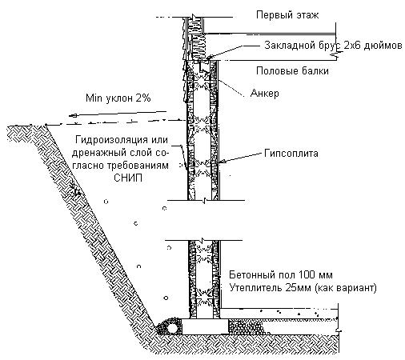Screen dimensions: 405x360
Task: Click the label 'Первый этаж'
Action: click(287, 15)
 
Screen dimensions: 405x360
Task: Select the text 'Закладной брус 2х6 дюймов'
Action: click(333, 46)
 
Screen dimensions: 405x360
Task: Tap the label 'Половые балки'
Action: click(292, 71)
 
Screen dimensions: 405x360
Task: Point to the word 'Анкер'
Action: click(265, 93)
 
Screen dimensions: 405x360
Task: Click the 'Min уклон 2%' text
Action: click(118, 98)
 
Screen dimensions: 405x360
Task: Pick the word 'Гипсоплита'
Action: click(291, 154)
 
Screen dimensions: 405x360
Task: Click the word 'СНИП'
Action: click(128, 178)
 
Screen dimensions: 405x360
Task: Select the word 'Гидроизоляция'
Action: click(111, 140)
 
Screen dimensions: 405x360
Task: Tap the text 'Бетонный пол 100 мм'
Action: click(281, 274)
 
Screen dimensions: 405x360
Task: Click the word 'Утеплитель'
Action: click(255, 288)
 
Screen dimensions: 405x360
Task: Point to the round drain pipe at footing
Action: click(172, 328)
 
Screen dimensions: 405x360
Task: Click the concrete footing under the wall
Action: click(205, 326)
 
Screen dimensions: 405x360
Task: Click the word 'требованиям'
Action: click(138, 166)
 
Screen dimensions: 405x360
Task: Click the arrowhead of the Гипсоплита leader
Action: click(223, 161)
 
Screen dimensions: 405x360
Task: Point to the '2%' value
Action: click(143, 98)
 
